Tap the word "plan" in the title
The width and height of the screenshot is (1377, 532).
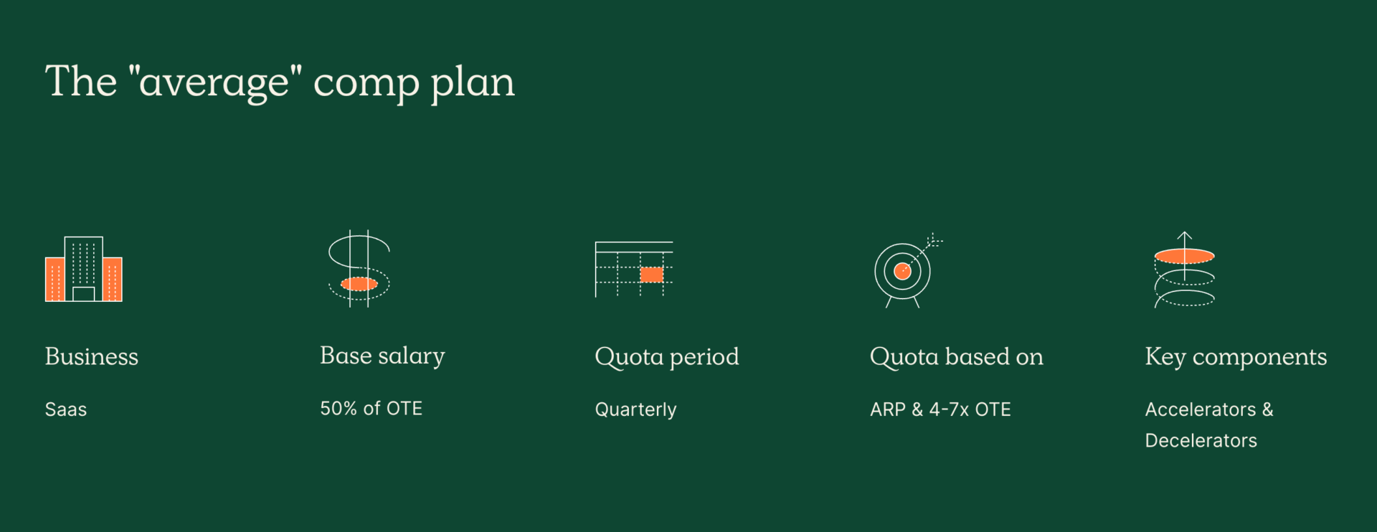[x=473, y=83]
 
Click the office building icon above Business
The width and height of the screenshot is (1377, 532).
[x=84, y=269]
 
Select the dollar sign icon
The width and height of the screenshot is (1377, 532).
[x=359, y=268]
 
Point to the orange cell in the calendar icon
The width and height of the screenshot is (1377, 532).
[x=651, y=275]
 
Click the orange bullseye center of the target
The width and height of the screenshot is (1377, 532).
[x=902, y=272]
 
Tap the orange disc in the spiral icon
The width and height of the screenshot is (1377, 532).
[x=1184, y=256]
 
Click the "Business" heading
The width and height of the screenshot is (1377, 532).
[x=92, y=356]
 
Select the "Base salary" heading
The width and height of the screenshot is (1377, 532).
[x=382, y=356]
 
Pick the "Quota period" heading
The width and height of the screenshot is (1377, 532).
[x=667, y=357]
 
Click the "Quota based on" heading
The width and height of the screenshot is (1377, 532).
[x=956, y=357]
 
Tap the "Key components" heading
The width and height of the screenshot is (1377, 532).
[x=1236, y=357]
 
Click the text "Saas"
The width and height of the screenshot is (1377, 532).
[x=66, y=409]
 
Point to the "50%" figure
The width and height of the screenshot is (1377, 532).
[x=339, y=409]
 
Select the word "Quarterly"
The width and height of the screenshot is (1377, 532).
[x=635, y=410]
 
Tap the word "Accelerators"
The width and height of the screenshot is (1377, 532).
[x=1201, y=409]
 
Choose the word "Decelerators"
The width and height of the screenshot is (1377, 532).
[x=1201, y=440]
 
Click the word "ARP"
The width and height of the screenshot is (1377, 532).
[x=888, y=409]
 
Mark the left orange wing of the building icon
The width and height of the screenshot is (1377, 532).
[x=55, y=279]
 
